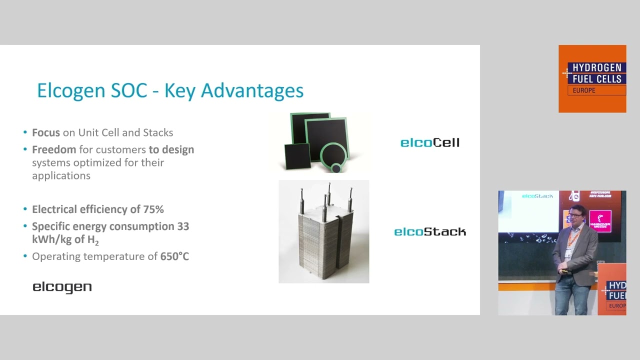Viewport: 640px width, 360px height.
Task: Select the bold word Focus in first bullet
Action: point(46,132)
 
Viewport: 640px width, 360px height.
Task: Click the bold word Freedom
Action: point(54,149)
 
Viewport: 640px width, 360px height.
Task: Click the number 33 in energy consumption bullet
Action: point(183,226)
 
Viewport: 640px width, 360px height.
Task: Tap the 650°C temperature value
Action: point(174,256)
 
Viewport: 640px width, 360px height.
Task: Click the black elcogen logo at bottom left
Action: point(62,287)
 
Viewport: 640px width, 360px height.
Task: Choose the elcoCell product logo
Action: point(429,143)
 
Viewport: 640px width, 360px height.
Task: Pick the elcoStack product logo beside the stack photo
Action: point(429,231)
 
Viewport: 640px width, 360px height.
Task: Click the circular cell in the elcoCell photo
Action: point(334,158)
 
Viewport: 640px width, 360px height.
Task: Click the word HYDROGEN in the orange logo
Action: point(596,67)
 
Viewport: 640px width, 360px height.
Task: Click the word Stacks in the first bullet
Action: point(158,132)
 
